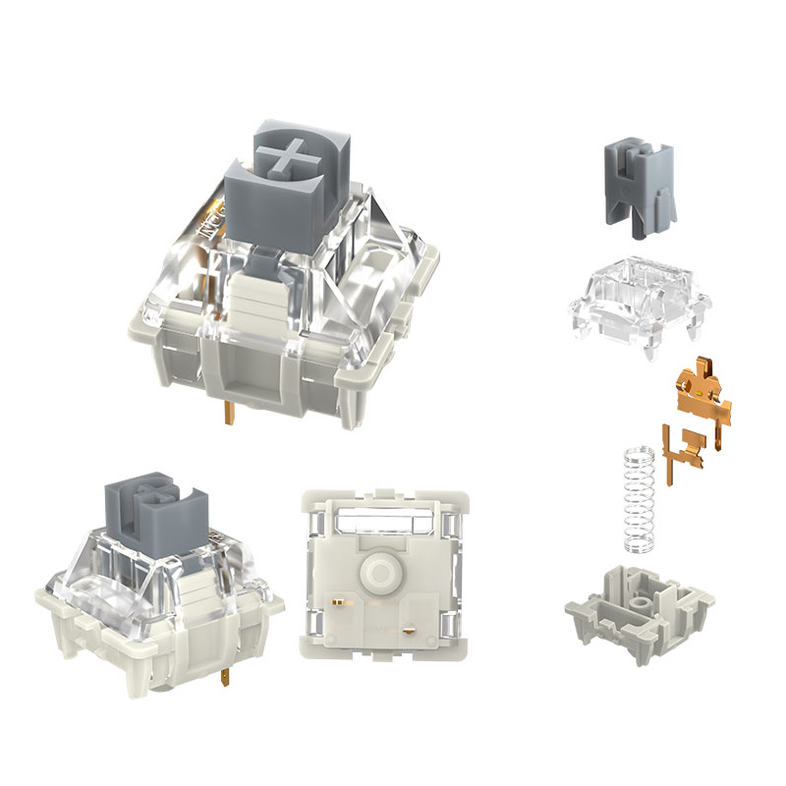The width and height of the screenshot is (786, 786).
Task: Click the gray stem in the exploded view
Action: [637, 187]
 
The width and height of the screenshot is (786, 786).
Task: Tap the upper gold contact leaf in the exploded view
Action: [700, 391]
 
